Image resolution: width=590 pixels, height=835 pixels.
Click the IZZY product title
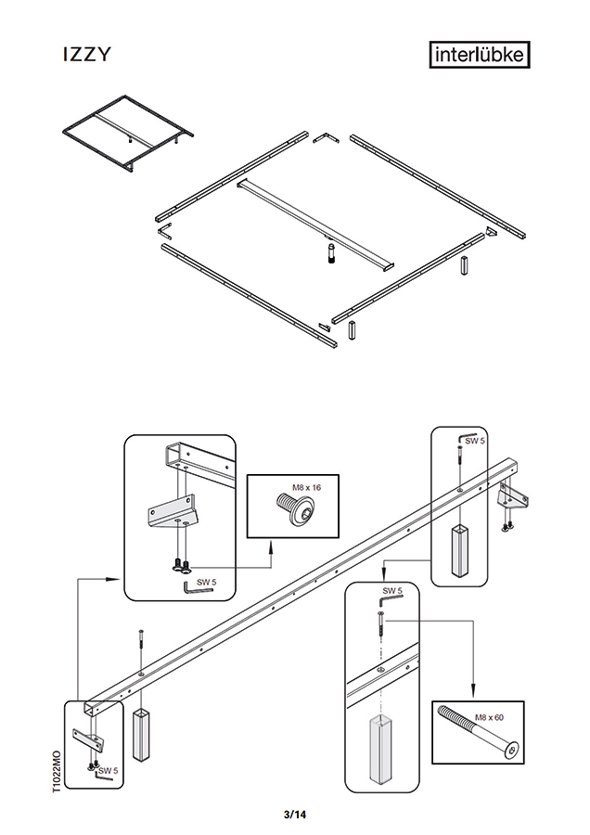pos(85,56)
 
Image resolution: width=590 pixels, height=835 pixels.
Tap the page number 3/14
pos(295,815)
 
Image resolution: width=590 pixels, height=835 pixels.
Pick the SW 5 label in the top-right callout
pos(475,442)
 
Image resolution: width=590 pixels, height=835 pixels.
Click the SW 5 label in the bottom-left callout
pos(109,770)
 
